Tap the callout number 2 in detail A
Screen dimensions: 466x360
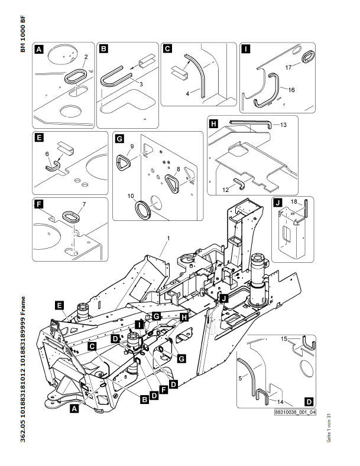pos(86,57)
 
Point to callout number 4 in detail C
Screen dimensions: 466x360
pos(187,93)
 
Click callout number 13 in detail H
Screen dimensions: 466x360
pos(283,125)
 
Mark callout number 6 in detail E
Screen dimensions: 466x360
pos(48,153)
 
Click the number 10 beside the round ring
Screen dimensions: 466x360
pos(131,195)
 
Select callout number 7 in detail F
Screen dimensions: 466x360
pos(83,204)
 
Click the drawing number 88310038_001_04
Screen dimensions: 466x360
pos(296,414)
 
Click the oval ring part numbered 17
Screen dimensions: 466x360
pos(309,57)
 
